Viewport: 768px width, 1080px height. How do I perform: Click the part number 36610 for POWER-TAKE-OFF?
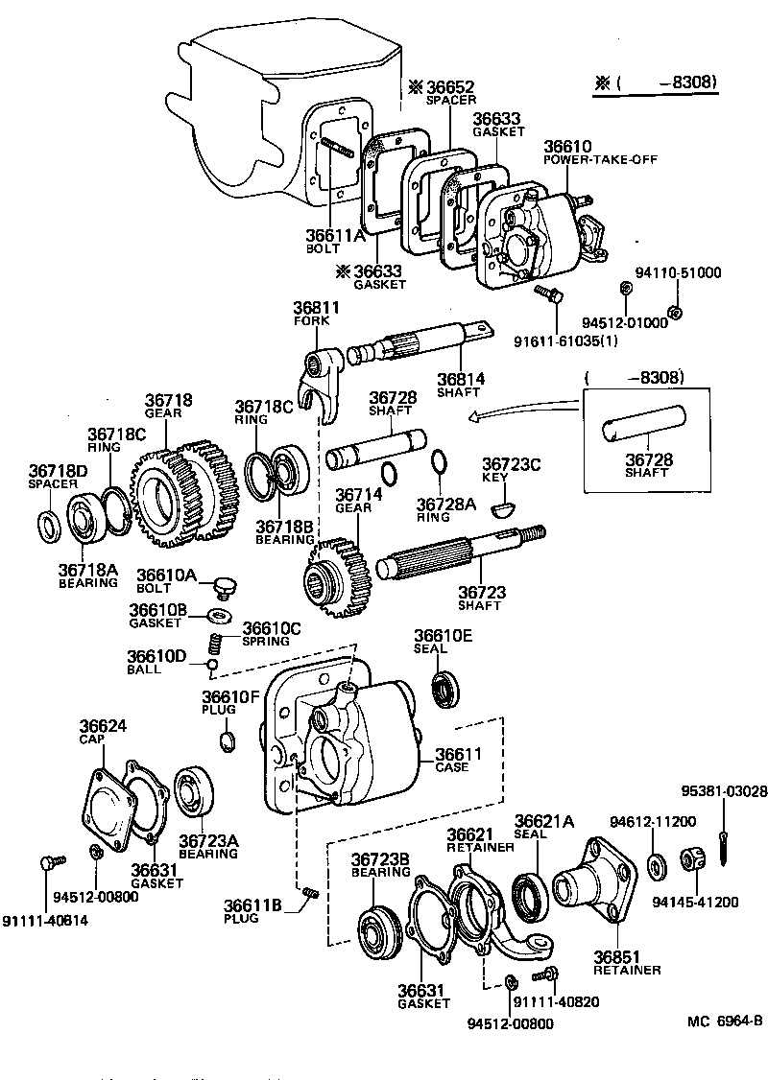click(567, 147)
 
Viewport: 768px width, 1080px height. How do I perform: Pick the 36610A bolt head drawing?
click(227, 584)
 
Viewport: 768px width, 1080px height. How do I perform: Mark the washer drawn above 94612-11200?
click(658, 864)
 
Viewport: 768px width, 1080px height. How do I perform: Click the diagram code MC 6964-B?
click(724, 1021)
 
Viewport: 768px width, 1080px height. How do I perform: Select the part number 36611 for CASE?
click(458, 755)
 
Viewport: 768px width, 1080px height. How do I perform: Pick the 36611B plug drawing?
click(309, 893)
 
